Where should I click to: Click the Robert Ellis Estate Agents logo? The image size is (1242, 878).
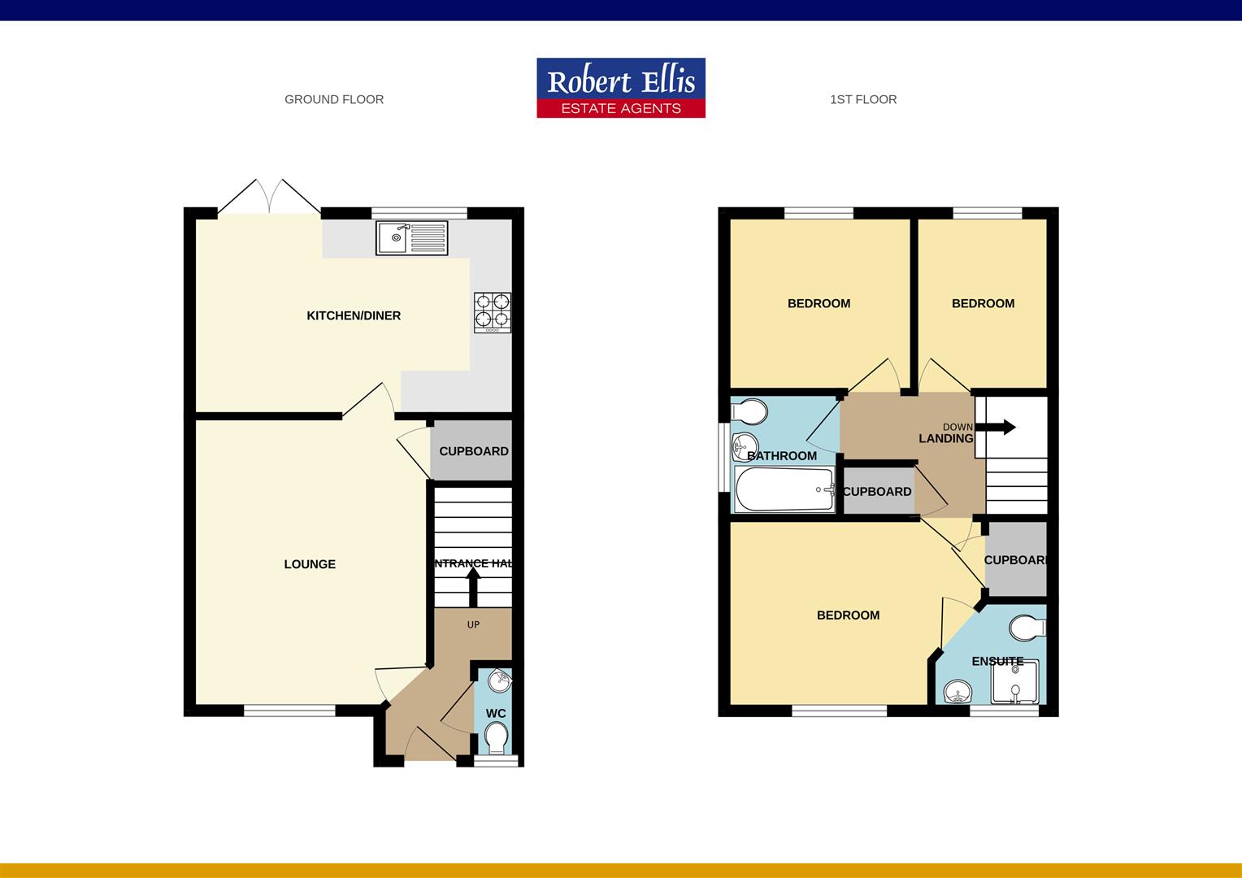pyautogui.click(x=620, y=88)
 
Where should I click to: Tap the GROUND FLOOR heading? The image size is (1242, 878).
pyautogui.click(x=334, y=99)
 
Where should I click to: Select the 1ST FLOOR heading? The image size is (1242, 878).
pyautogui.click(x=863, y=99)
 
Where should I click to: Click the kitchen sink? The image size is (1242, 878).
pyautogui.click(x=411, y=237)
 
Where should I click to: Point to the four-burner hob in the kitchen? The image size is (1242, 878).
pyautogui.click(x=493, y=312)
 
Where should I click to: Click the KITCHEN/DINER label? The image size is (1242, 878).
pyautogui.click(x=354, y=315)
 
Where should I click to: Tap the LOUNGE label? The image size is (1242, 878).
pyautogui.click(x=310, y=564)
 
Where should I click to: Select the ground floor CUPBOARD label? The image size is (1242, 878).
pyautogui.click(x=474, y=451)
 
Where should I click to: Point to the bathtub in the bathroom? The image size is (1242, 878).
pyautogui.click(x=784, y=489)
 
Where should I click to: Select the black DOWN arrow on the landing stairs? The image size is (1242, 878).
pyautogui.click(x=999, y=427)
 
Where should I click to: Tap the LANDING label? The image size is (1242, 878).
pyautogui.click(x=945, y=439)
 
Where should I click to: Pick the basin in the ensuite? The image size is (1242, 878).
pyautogui.click(x=958, y=693)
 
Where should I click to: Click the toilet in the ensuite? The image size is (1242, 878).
pyautogui.click(x=1028, y=628)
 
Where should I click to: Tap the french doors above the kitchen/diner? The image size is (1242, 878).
pyautogui.click(x=269, y=198)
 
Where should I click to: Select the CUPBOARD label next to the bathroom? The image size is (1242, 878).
pyautogui.click(x=877, y=492)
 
